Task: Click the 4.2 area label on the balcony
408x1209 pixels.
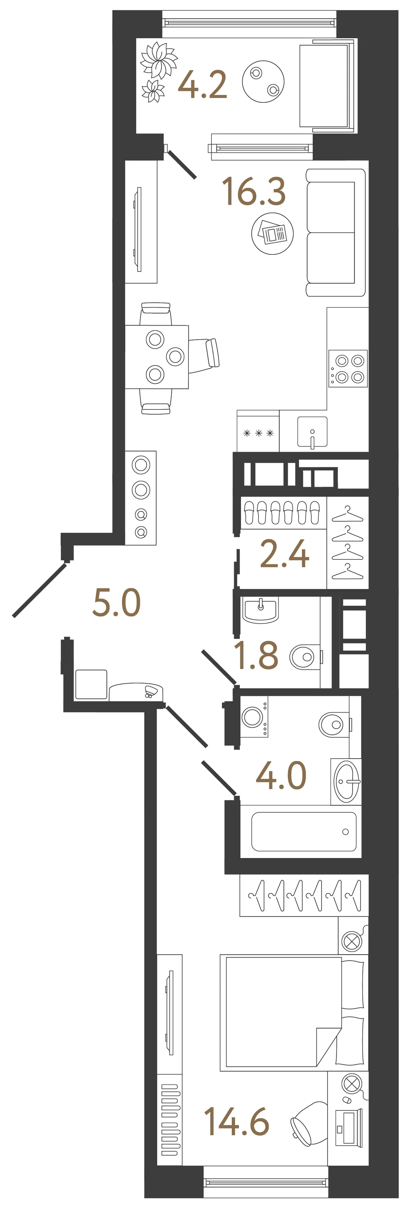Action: click(x=203, y=85)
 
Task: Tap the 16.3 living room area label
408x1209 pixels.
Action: click(x=254, y=191)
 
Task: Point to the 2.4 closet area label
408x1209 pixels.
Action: click(x=284, y=553)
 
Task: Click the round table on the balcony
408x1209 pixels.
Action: click(x=263, y=81)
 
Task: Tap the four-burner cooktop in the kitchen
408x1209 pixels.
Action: click(x=348, y=368)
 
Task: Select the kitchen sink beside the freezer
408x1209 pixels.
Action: click(x=312, y=432)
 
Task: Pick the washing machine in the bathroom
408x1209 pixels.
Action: click(x=254, y=716)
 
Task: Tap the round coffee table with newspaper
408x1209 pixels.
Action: click(x=272, y=233)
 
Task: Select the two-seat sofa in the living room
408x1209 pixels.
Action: click(x=336, y=232)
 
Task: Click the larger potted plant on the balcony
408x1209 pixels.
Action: click(x=159, y=60)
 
